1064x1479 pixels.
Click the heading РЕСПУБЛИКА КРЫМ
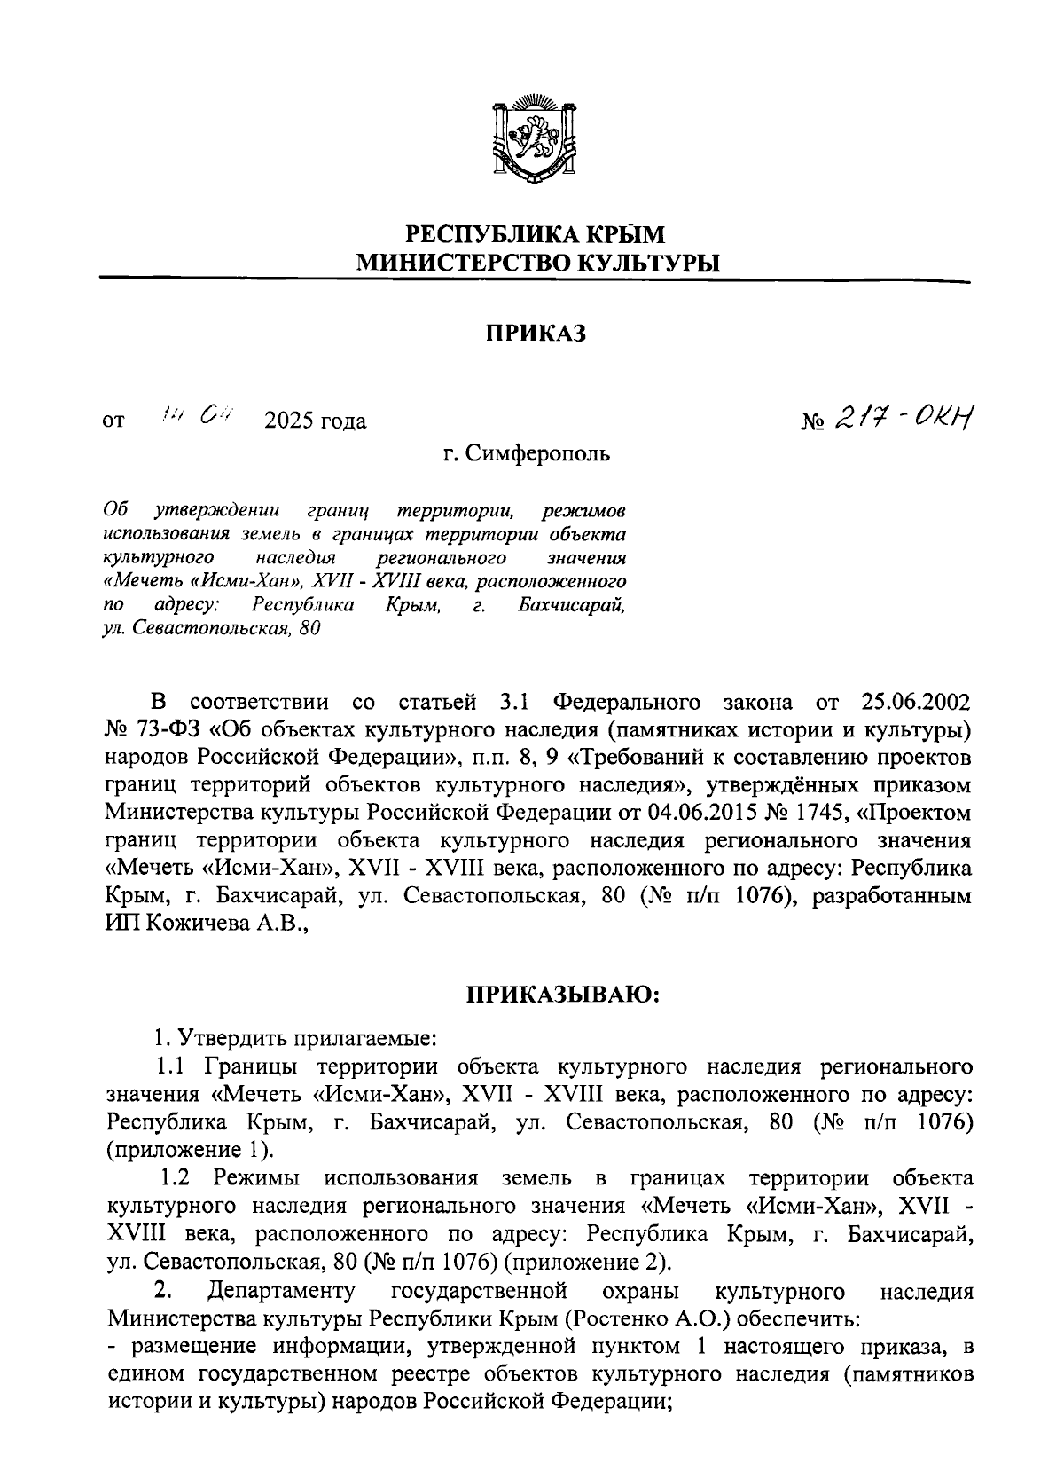(535, 235)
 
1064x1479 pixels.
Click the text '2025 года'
(315, 421)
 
